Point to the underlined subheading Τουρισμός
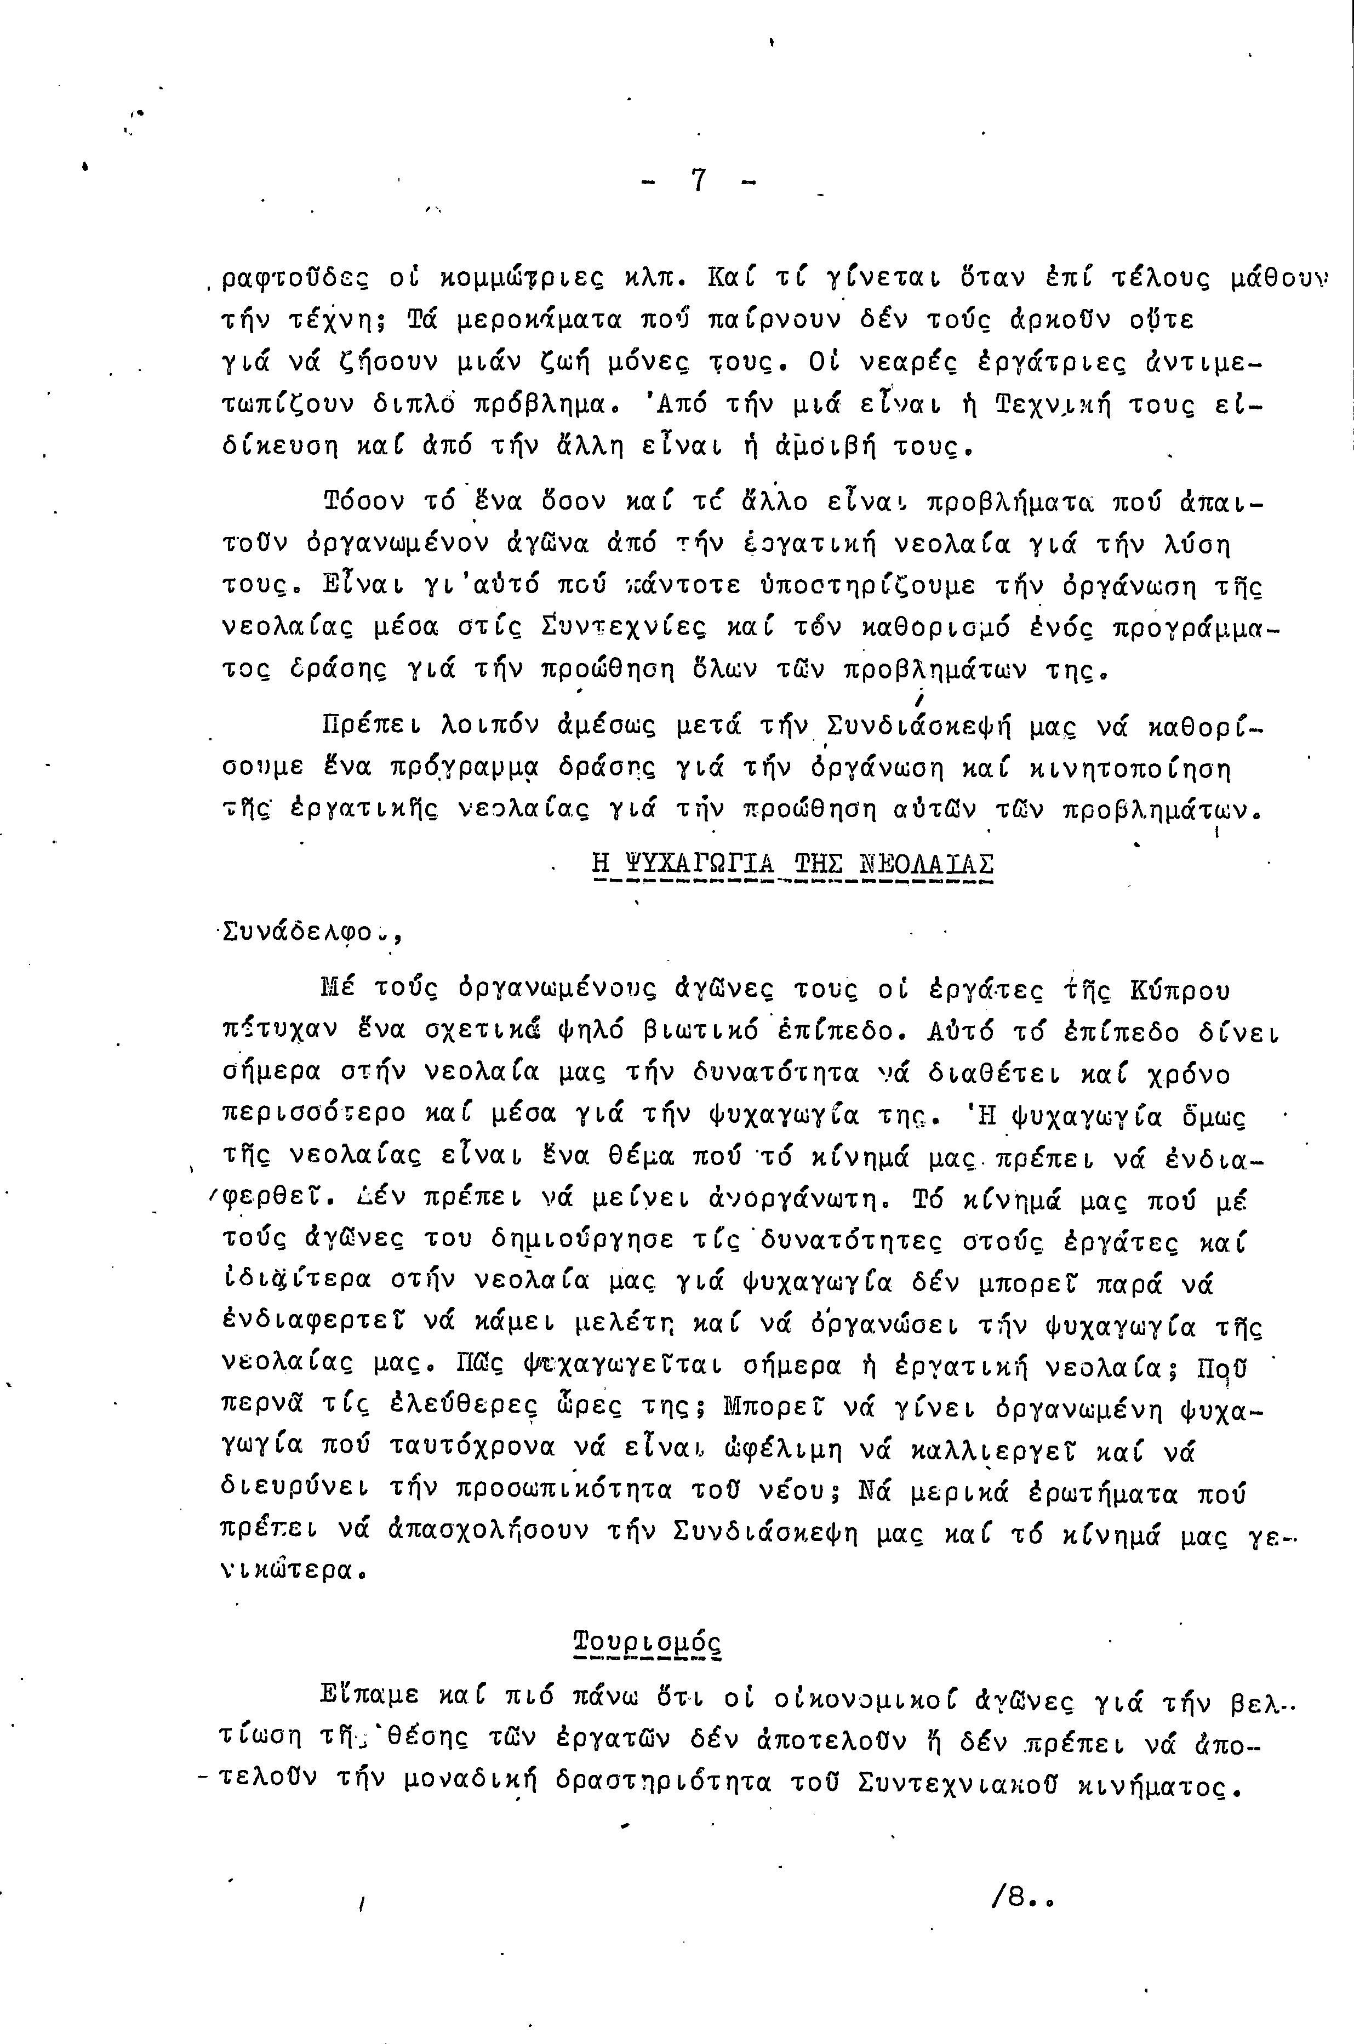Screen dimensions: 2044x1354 (648, 1641)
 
